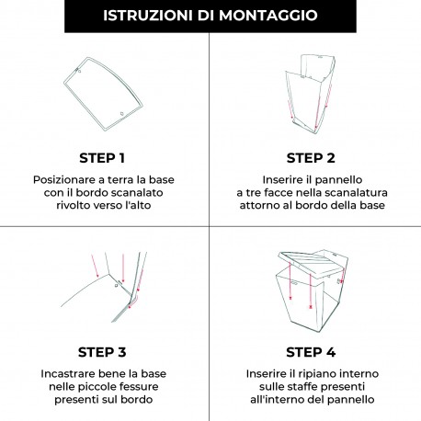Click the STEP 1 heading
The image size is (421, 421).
[104, 156]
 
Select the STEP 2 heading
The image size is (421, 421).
[315, 156]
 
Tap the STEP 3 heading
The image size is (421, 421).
[104, 351]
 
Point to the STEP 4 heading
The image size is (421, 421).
[315, 351]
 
